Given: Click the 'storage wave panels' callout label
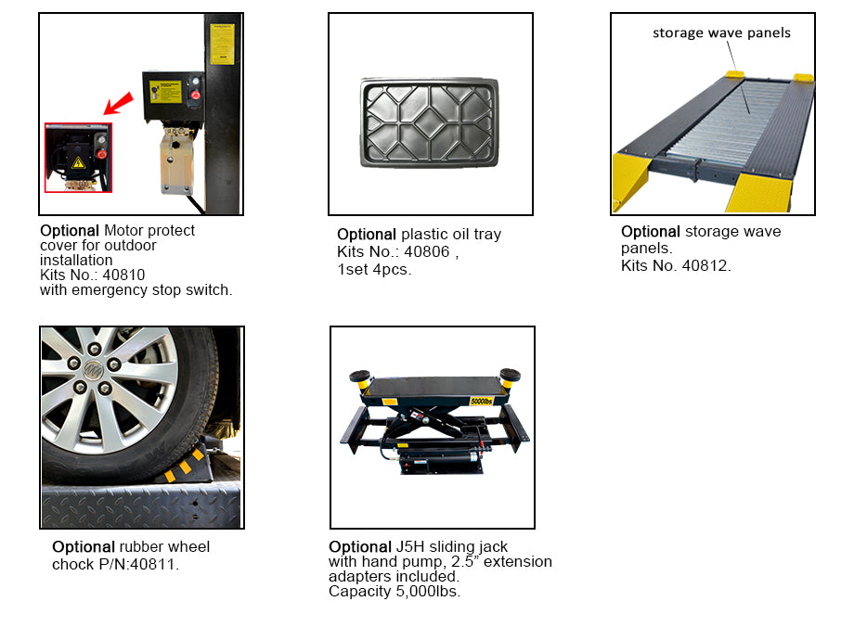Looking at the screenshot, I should pyautogui.click(x=721, y=32).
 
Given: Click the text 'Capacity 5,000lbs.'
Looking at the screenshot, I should pyautogui.click(x=395, y=592).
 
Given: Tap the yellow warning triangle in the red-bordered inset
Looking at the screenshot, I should pyautogui.click(x=78, y=161).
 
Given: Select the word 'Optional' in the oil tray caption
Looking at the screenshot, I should pyautogui.click(x=367, y=235).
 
